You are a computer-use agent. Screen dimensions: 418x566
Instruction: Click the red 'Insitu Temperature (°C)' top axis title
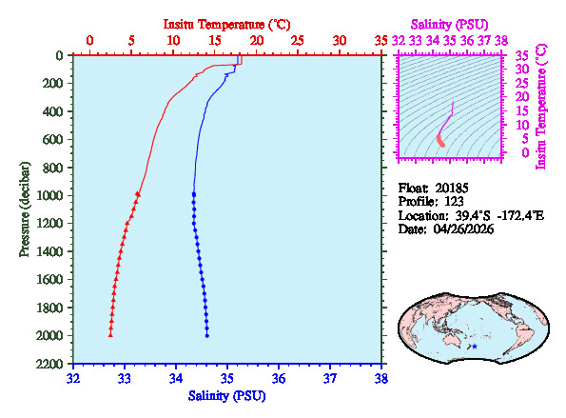click(226, 22)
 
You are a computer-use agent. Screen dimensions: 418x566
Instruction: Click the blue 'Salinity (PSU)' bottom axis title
click(226, 395)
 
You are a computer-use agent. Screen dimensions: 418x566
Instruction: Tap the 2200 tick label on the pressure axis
click(52, 364)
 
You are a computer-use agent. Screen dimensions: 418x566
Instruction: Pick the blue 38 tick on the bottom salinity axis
click(381, 378)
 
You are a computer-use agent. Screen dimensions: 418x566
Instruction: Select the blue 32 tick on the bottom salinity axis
click(74, 378)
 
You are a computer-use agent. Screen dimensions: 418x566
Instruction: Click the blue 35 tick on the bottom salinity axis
click(227, 378)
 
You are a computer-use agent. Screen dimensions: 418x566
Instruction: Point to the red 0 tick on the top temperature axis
click(90, 40)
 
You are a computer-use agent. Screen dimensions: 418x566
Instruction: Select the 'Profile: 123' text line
click(428, 202)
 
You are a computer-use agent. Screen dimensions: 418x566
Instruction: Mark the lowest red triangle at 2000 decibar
click(110, 334)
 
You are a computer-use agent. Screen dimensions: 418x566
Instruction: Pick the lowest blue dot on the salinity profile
click(207, 335)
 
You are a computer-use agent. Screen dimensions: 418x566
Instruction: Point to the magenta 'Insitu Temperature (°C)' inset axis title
click(542, 105)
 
